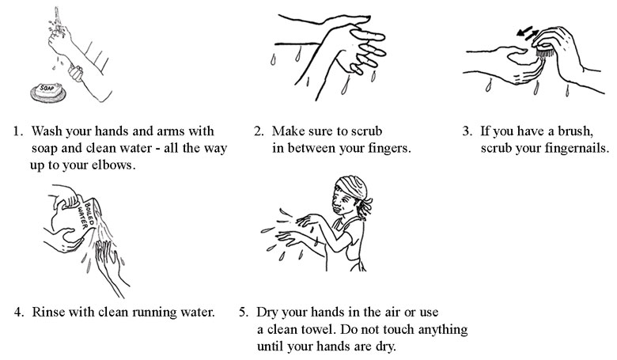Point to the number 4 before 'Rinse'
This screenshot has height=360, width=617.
18,310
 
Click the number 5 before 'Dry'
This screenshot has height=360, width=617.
243,310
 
